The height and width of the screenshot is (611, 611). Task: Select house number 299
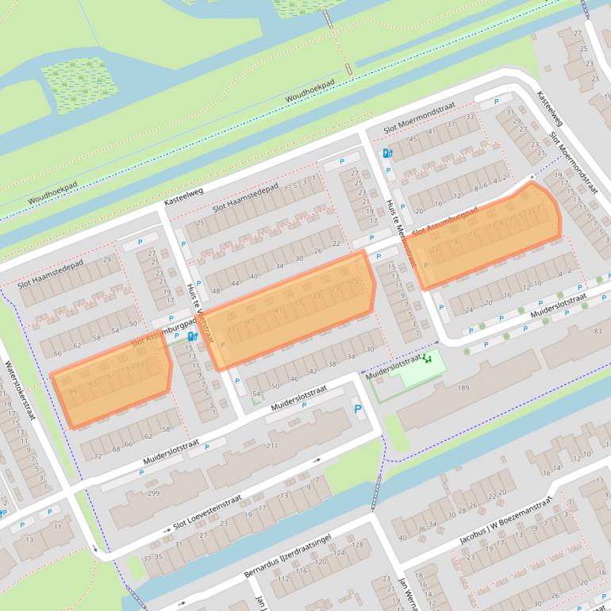[x=153, y=494]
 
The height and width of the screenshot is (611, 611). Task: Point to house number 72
[x=98, y=455]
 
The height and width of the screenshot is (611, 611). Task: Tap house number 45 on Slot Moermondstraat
[x=413, y=139]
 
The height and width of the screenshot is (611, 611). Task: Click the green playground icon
[x=428, y=359]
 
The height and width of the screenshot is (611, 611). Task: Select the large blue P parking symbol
[x=358, y=410]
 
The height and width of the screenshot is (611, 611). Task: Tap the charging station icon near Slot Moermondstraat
[x=386, y=153]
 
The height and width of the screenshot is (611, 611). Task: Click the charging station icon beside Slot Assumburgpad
[x=191, y=336]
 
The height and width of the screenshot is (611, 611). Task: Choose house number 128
[x=359, y=544]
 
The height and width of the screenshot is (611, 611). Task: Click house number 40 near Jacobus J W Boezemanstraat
[x=402, y=538]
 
